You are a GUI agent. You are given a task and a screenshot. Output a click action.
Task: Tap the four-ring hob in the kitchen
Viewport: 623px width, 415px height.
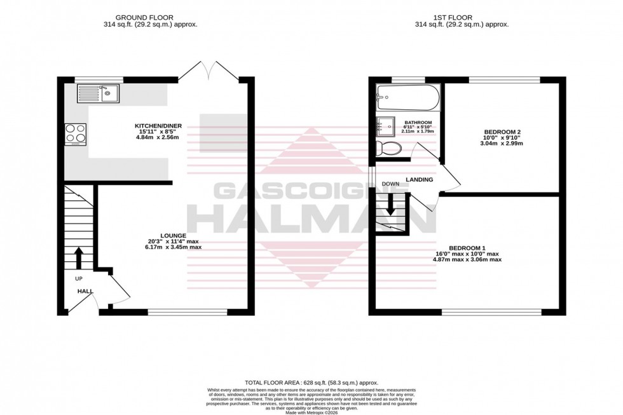click(x=76, y=133)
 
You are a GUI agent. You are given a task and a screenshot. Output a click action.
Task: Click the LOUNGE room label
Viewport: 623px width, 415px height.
click(x=174, y=236)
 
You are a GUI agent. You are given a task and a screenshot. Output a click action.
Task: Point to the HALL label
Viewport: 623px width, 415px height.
click(x=85, y=291)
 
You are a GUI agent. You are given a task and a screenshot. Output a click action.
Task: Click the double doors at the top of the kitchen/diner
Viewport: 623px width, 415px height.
click(x=209, y=71)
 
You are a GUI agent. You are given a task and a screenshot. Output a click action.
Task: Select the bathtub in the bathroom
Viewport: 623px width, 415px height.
click(x=407, y=97)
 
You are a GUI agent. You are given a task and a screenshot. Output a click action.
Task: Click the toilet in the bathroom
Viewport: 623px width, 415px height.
click(x=388, y=148)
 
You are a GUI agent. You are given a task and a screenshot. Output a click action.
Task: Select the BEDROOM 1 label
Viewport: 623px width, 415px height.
click(x=467, y=248)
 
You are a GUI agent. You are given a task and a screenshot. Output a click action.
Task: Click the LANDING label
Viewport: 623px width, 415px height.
click(x=420, y=180)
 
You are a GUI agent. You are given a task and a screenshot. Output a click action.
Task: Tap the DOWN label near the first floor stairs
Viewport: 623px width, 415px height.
click(x=390, y=184)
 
